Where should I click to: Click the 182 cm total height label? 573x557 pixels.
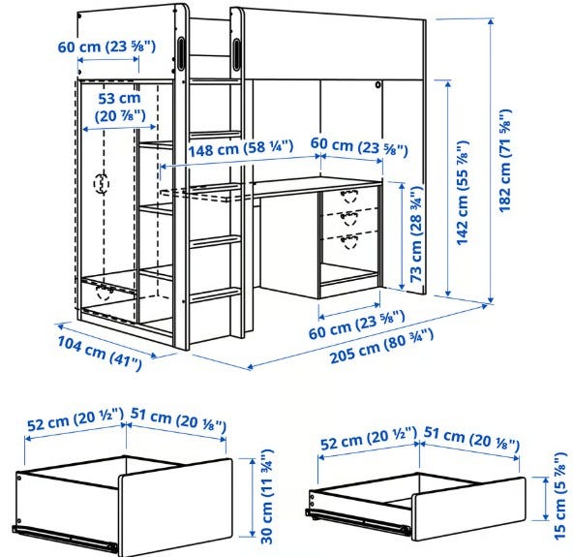tap(505, 161)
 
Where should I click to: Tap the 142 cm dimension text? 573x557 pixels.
tap(463, 193)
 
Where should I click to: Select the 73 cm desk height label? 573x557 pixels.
tap(416, 234)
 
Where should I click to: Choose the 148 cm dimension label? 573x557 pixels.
tap(240, 148)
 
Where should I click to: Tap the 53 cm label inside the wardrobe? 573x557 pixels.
tap(120, 107)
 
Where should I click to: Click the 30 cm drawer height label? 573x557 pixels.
tap(267, 496)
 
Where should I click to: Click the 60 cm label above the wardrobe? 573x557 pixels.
tap(106, 46)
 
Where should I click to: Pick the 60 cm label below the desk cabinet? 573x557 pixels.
tap(356, 325)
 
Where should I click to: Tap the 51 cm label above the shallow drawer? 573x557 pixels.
tap(471, 438)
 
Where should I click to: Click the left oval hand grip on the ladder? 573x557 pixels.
tap(181, 52)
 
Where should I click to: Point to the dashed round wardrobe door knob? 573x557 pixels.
tap(102, 184)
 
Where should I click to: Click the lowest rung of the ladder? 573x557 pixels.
tap(216, 294)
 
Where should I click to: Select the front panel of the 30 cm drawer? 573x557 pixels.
tap(175, 508)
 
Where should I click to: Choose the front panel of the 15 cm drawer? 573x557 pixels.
tap(468, 509)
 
